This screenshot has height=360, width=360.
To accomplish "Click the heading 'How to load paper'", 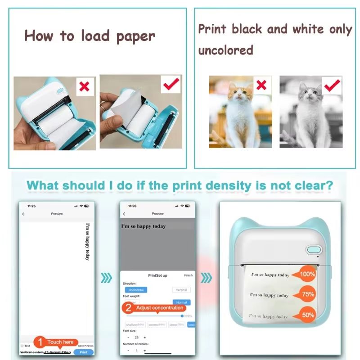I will point(90,36).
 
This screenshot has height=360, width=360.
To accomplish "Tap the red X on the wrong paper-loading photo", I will point(84,86).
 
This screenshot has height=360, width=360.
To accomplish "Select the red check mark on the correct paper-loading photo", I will point(171,84).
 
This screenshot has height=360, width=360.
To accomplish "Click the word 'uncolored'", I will point(226,50).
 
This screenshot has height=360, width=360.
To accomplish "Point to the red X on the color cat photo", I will point(261,84).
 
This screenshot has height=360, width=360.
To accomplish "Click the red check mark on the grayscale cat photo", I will point(332,84).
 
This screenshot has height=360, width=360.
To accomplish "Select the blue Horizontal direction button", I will point(135,290).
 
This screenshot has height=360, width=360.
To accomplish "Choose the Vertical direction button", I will point(181,290).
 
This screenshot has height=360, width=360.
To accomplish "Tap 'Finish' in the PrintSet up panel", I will point(188,275).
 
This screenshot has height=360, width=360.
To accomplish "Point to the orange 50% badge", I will point(308,315).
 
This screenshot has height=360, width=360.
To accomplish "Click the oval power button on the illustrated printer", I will point(314,249).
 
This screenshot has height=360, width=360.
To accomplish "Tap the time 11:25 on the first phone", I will point(31,206).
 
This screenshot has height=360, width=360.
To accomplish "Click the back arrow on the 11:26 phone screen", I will point(124,214).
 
